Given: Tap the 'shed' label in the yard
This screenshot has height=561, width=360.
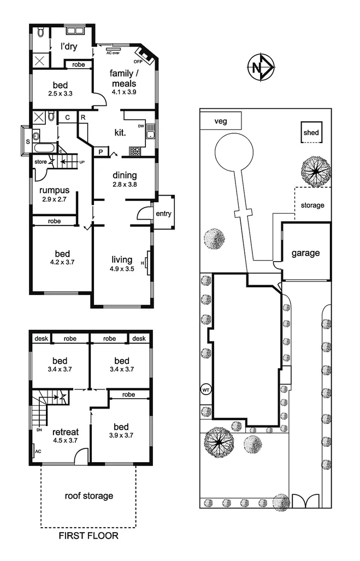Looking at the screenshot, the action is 311,133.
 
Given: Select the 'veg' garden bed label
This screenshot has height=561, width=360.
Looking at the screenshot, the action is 220,121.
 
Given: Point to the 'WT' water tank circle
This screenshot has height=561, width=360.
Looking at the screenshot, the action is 206,390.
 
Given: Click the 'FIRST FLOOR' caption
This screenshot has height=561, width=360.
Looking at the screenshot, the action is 88,536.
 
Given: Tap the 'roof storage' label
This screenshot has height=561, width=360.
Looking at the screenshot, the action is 88,496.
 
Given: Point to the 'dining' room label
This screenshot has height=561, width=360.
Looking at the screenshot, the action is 125,176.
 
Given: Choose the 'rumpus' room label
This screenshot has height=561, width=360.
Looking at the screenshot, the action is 55,190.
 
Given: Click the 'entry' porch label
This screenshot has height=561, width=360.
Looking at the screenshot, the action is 163,213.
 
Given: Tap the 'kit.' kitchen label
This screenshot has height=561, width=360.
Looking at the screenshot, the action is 120,133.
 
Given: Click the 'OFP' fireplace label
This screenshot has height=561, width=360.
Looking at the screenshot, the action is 138,62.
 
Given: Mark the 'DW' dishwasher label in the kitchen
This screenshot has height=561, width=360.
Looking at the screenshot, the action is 141,126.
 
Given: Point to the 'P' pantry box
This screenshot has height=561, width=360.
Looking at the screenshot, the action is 101,152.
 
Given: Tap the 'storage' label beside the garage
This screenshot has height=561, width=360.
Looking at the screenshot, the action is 312,205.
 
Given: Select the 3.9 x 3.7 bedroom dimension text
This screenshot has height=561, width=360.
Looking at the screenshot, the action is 121,435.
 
